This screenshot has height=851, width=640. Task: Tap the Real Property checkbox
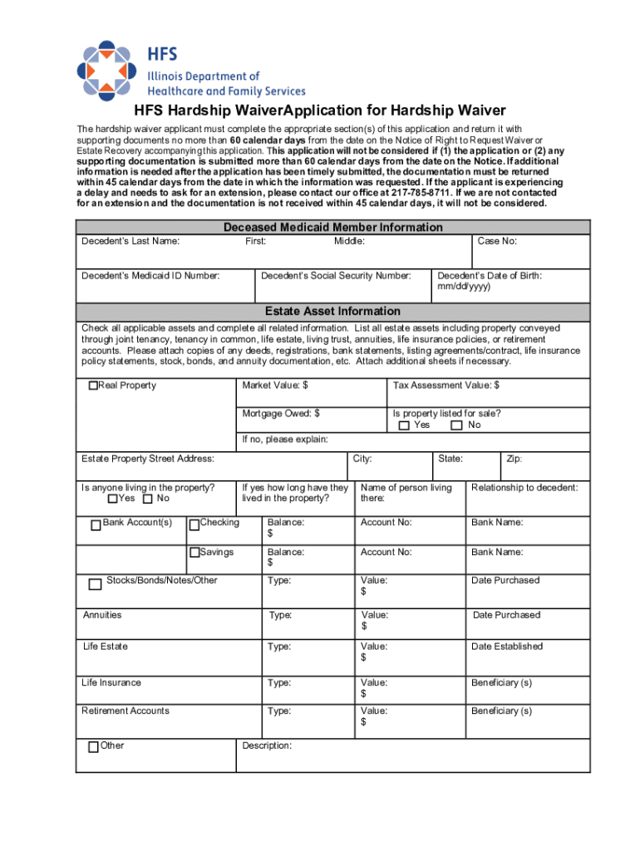pyautogui.click(x=93, y=386)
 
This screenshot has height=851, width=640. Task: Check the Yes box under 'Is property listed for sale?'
pyautogui.click(x=404, y=425)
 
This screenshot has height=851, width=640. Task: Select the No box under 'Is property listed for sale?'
pyautogui.click(x=456, y=425)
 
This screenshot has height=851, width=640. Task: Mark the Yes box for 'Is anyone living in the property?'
pyautogui.click(x=113, y=499)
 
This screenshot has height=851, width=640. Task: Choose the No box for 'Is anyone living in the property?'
pyautogui.click(x=147, y=499)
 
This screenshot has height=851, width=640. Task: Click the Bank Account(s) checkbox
pyautogui.click(x=96, y=524)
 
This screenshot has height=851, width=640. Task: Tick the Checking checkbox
pyautogui.click(x=194, y=524)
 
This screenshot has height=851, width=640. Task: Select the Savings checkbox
pyautogui.click(x=194, y=553)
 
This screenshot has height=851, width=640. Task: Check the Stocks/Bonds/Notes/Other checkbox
pyautogui.click(x=95, y=583)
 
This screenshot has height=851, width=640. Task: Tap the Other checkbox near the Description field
pyautogui.click(x=93, y=746)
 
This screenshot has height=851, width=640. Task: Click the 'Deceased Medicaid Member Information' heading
pyautogui.click(x=332, y=227)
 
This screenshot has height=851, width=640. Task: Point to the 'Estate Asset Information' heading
pyautogui.click(x=332, y=311)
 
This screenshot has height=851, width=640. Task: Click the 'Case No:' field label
pyautogui.click(x=497, y=241)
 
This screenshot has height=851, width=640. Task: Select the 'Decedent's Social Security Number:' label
pyautogui.click(x=336, y=275)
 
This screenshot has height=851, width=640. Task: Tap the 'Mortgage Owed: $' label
pyautogui.click(x=281, y=413)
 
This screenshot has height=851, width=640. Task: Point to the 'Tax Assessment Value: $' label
pyautogui.click(x=446, y=385)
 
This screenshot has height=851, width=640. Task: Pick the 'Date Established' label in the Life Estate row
pyautogui.click(x=506, y=646)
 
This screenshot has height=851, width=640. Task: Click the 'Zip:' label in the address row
pyautogui.click(x=514, y=458)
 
